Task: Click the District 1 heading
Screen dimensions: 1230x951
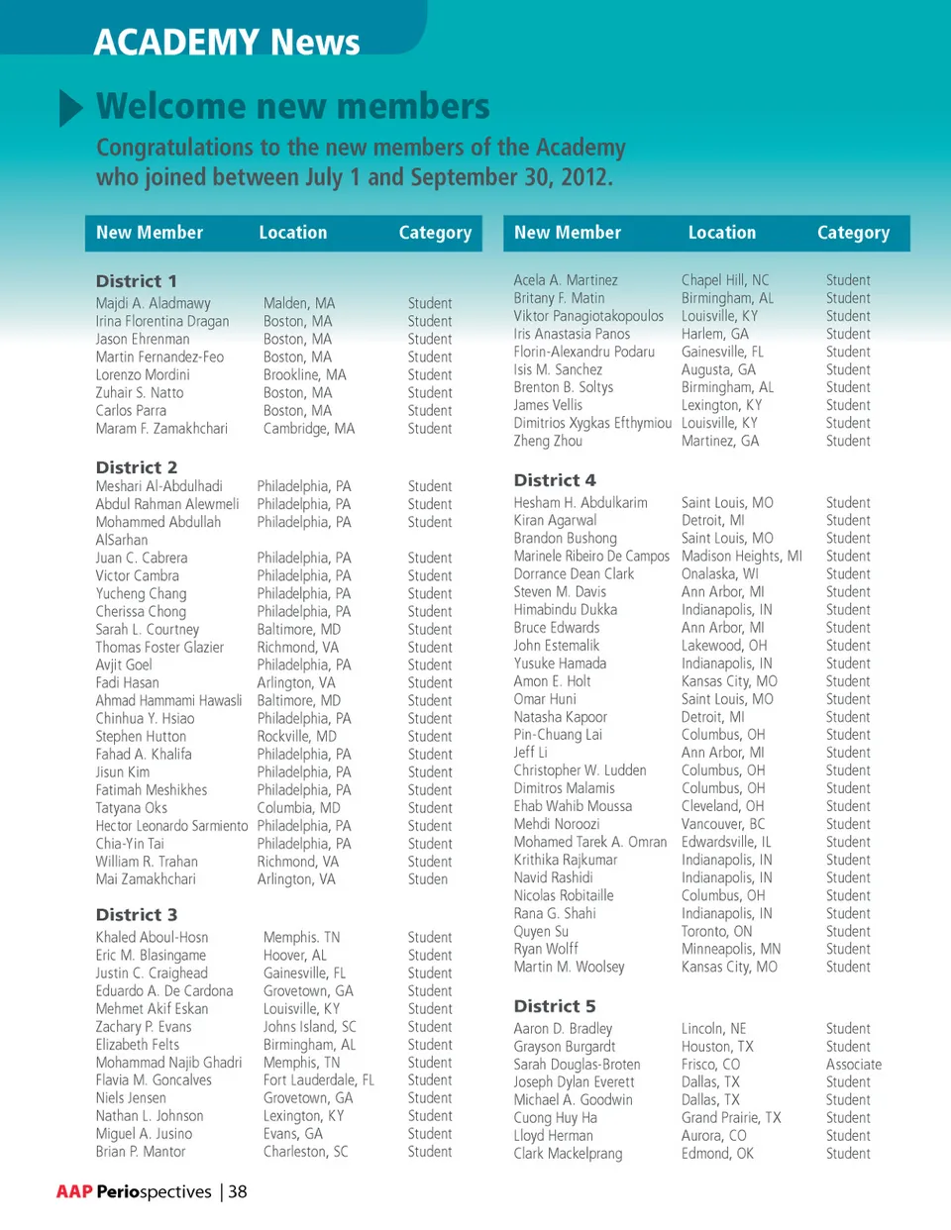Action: tap(136, 281)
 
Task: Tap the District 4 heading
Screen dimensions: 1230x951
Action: tap(555, 480)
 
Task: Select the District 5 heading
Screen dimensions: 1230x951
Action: tap(555, 1006)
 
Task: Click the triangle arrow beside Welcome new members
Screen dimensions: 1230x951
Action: tap(70, 108)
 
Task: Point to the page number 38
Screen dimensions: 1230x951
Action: tap(238, 1191)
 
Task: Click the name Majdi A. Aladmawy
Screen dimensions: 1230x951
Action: tap(154, 303)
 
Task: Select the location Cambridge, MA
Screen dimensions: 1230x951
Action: tap(309, 429)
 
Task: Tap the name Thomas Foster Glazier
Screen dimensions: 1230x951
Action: tap(159, 648)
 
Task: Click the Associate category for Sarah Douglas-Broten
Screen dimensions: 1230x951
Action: tap(854, 1065)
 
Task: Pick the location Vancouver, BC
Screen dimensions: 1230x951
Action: tap(723, 824)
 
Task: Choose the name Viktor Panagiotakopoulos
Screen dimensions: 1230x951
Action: tap(588, 316)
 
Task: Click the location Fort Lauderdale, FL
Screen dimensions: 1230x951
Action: tap(319, 1080)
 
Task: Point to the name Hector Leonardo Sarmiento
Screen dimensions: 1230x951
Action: tap(171, 826)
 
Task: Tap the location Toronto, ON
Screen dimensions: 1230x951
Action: tap(717, 931)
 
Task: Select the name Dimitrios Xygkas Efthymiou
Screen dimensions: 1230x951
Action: tap(592, 423)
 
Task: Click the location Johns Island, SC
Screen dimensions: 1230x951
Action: tap(310, 1027)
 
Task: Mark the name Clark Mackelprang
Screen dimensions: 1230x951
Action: tap(568, 1154)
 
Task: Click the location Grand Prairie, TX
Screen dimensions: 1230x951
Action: tap(731, 1118)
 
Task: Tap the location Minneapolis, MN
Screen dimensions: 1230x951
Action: tap(731, 949)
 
